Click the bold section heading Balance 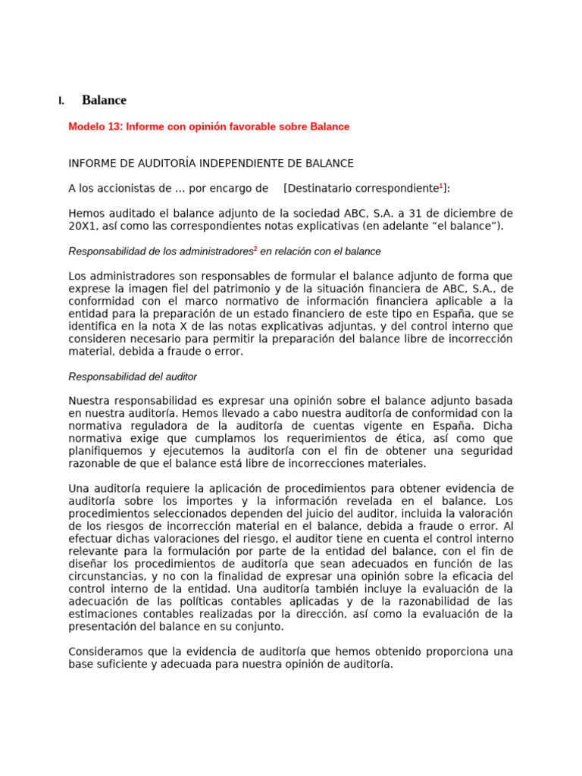coord(104,100)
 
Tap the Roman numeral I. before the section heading coord(61,101)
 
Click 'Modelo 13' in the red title coord(95,127)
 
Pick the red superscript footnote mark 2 coord(255,248)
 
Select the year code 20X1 coord(81,226)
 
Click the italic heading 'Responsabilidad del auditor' coord(133,377)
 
